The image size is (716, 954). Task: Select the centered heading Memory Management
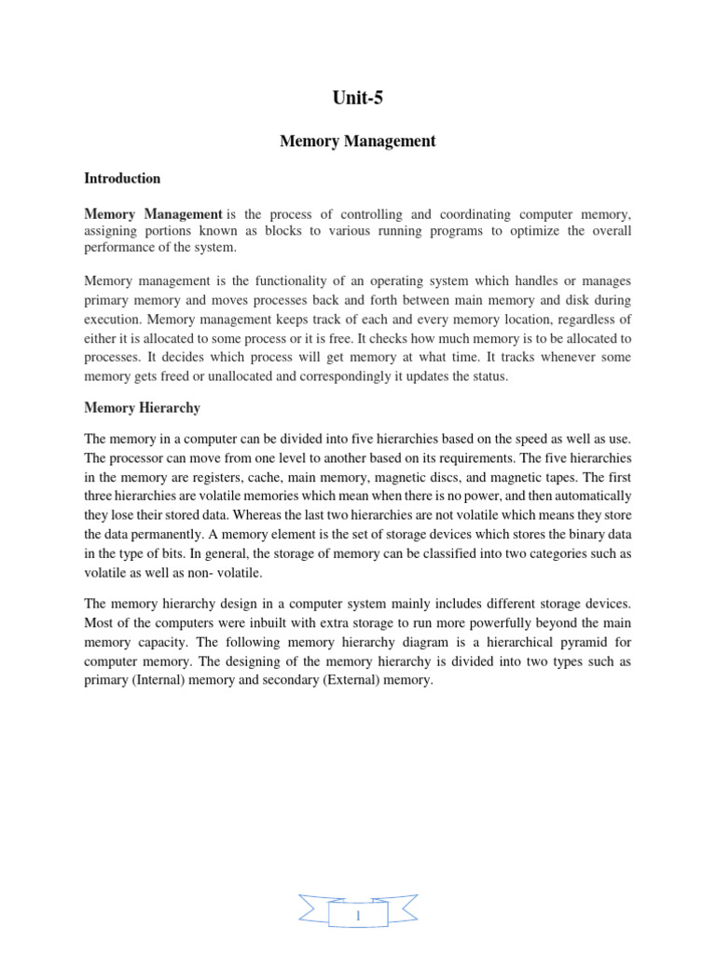358,142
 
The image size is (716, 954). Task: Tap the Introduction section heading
122,178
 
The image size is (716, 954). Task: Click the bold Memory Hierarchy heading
142,408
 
